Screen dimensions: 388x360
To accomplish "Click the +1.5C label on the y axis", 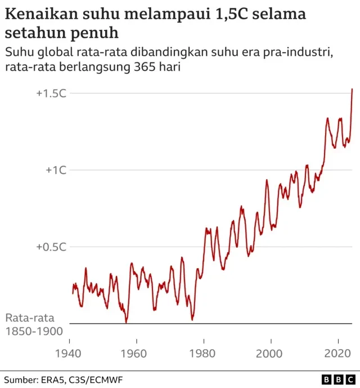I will [x=51, y=93].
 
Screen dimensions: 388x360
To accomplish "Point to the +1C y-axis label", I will [x=56, y=170].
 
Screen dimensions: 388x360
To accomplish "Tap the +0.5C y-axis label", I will [x=51, y=247].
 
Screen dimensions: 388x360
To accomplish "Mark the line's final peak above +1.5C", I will [x=352, y=89].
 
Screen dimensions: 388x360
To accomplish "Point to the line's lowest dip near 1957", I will [x=126, y=322].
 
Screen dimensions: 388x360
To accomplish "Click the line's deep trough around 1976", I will [x=192, y=319].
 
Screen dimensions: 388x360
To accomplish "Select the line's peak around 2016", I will [x=327, y=119].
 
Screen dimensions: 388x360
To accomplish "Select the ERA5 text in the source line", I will [x=53, y=380].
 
